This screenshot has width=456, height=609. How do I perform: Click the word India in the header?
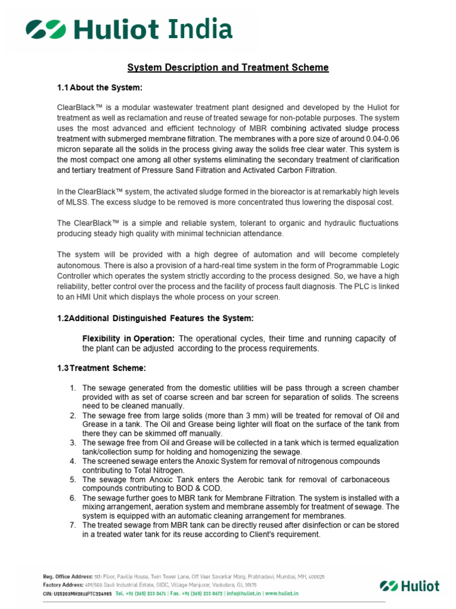[x=198, y=29]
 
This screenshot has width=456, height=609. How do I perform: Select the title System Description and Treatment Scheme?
[x=229, y=67]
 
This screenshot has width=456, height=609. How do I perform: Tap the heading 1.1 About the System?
[x=100, y=88]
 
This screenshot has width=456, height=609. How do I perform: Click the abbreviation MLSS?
[x=73, y=202]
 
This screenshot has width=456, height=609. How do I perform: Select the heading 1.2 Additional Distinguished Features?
[x=156, y=318]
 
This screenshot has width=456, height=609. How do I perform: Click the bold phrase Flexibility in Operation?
[x=128, y=338]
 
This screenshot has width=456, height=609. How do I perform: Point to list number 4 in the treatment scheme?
[x=72, y=461]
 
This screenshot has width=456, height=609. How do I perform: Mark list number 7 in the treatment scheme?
[x=72, y=525]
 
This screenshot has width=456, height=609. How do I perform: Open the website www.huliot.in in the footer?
[x=281, y=594]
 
